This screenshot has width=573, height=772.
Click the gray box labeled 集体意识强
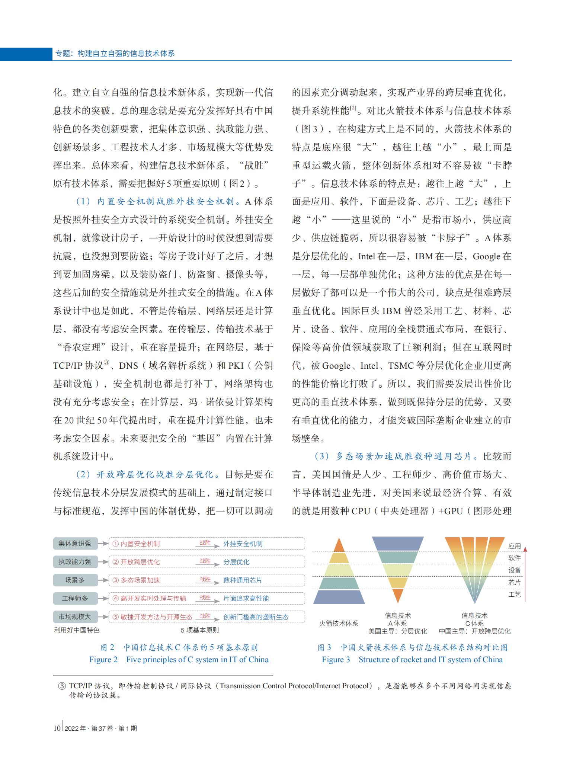(x=75, y=544)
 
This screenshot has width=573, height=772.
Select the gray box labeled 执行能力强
(x=75, y=562)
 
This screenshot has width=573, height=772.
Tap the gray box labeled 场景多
(x=75, y=580)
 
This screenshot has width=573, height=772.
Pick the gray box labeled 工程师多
(x=75, y=598)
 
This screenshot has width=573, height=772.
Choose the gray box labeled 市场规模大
(x=75, y=616)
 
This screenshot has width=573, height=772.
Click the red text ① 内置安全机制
(x=136, y=544)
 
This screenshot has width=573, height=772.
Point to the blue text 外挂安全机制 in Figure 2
(x=243, y=544)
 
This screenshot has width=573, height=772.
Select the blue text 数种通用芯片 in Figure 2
(x=242, y=580)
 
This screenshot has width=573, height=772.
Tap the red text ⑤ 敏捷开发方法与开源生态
(x=153, y=617)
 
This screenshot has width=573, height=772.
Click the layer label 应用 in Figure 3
(x=515, y=546)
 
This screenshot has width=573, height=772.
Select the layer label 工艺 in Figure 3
(x=515, y=595)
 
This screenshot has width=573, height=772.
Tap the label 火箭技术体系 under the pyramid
(x=339, y=623)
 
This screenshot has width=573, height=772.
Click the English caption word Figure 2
(x=103, y=660)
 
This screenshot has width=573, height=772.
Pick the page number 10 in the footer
(x=57, y=728)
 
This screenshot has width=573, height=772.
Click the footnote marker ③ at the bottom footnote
(x=62, y=686)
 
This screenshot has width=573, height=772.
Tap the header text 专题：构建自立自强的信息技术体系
(x=115, y=54)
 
